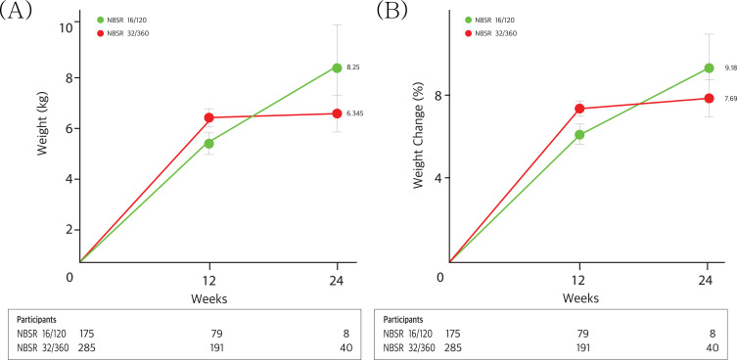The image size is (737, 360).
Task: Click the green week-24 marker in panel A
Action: click(337, 67)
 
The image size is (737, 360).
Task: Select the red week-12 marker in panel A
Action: click(209, 117)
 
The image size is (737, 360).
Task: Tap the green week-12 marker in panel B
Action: click(579, 134)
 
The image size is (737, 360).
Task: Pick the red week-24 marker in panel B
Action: click(709, 98)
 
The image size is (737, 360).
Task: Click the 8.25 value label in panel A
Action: click(354, 67)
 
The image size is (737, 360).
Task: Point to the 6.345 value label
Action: click(355, 113)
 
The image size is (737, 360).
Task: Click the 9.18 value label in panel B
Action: click(730, 68)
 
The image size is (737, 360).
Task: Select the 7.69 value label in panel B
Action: click(730, 99)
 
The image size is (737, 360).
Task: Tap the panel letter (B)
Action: click(392, 12)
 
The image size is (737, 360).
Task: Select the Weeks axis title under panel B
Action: click(580, 298)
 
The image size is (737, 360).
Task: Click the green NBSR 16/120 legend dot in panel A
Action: click(100, 21)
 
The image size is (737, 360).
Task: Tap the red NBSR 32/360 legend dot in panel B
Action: click(468, 33)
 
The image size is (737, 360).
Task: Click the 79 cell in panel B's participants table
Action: click(582, 335)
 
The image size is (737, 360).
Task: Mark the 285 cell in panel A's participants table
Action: click(87, 348)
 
